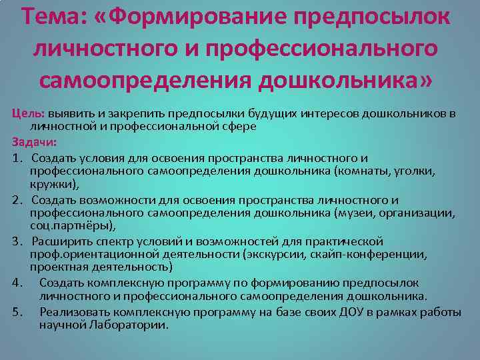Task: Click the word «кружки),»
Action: tap(54, 185)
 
